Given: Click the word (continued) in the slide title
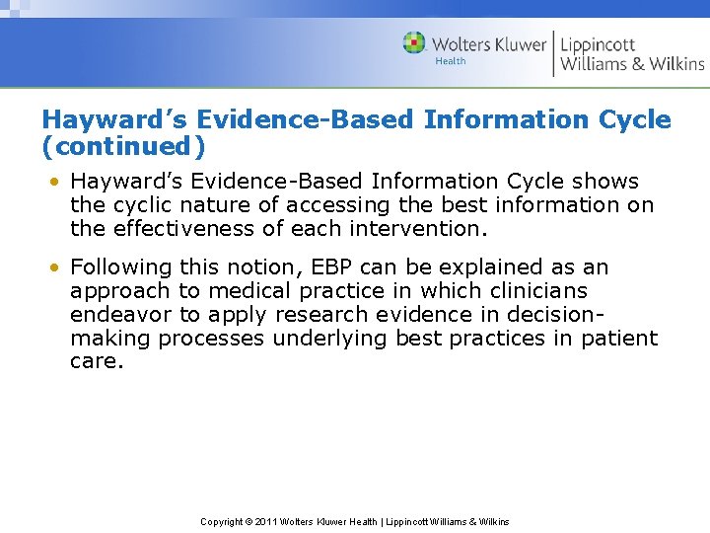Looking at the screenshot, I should pyautogui.click(x=124, y=146).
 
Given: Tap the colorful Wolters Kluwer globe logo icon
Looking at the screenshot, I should pyautogui.click(x=414, y=42).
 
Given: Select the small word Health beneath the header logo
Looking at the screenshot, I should pyautogui.click(x=451, y=61).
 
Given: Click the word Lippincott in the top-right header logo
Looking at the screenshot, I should pyautogui.click(x=598, y=43).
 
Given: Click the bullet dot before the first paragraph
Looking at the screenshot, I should pyautogui.click(x=58, y=182).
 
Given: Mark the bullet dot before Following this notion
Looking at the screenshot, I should pyautogui.click(x=58, y=267).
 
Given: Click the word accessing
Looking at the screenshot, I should pyautogui.click(x=339, y=205).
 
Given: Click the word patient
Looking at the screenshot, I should pyautogui.click(x=619, y=339).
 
